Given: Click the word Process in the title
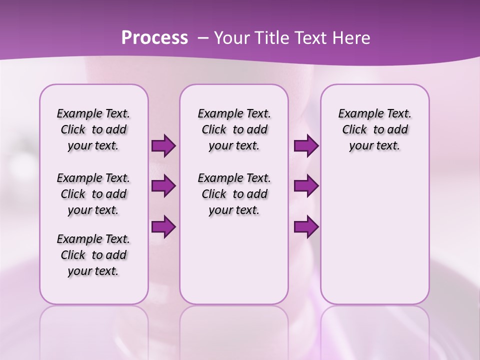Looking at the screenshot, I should tap(154, 37).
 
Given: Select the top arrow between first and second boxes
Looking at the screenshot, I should tap(163, 146).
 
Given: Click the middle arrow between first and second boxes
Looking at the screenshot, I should tap(163, 186).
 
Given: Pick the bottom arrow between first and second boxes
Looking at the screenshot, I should tap(163, 227).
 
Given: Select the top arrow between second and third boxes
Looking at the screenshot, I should tap(306, 146).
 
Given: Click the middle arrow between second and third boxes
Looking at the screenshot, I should tap(306, 186).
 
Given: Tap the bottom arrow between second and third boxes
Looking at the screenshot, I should tap(306, 227).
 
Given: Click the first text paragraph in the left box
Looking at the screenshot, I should tap(93, 129).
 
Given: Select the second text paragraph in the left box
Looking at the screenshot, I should tap(93, 194).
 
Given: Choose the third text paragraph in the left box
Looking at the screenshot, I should tap(93, 255).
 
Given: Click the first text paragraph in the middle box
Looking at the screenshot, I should tap(234, 129).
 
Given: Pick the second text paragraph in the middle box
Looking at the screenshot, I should tap(234, 194).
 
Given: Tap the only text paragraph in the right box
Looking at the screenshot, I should tap(374, 129).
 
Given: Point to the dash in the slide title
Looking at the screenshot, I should tap(203, 37).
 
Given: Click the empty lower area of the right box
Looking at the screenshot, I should tap(374, 240).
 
